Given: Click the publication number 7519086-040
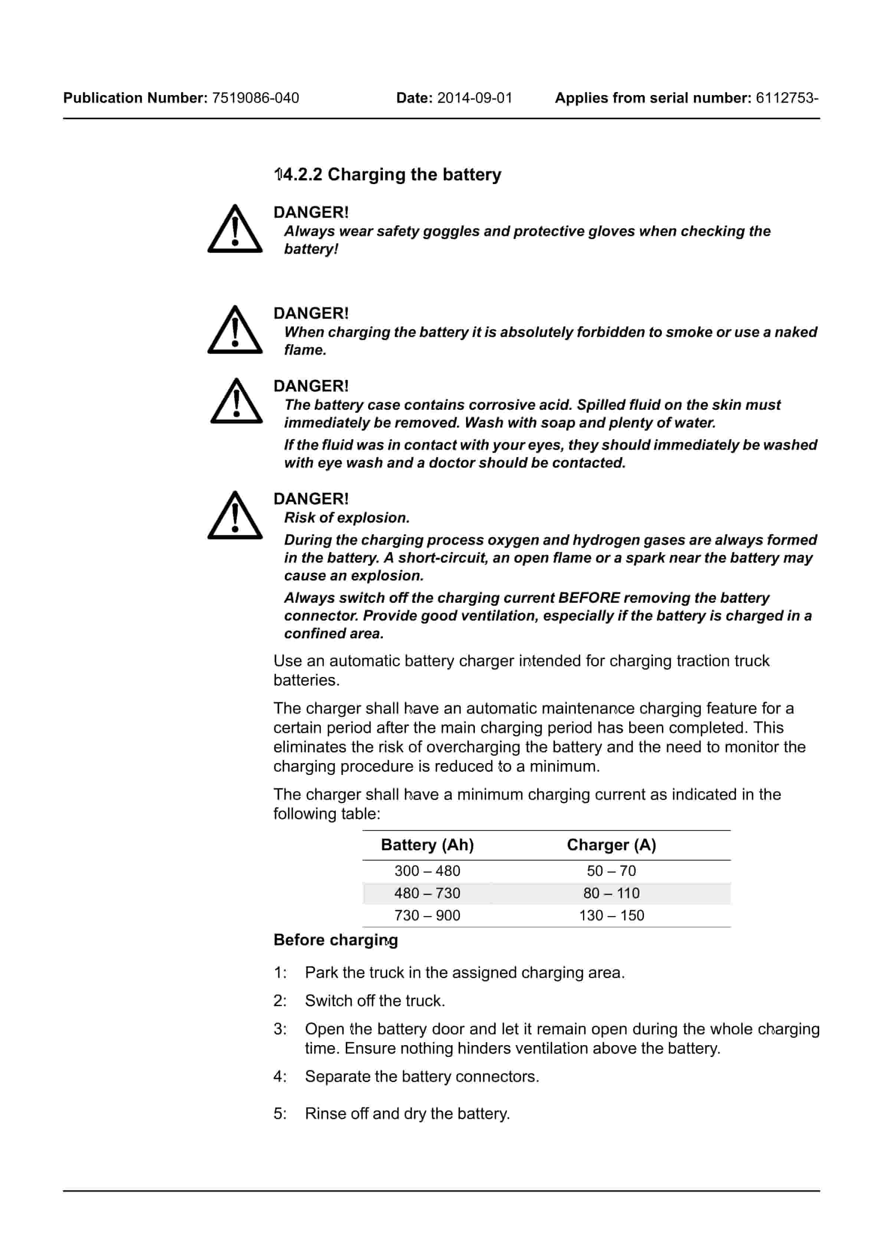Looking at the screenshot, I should click(255, 98).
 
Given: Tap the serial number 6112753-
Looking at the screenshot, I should click(787, 98).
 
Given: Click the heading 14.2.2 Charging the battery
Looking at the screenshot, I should click(388, 175).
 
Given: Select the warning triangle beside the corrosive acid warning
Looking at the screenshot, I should click(236, 402).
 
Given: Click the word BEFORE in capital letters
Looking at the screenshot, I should click(589, 598).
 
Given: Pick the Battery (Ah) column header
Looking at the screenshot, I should click(427, 845).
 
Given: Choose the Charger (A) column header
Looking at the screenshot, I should click(611, 845).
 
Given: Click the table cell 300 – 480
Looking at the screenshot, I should click(427, 871).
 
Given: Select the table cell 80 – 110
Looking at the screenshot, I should click(611, 893).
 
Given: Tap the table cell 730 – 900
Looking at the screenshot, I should click(427, 916).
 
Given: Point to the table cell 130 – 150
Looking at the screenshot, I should click(611, 916).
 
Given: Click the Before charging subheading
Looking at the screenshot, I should click(336, 940).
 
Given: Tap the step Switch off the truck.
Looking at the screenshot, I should click(375, 1001).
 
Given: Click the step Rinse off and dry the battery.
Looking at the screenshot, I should click(407, 1114).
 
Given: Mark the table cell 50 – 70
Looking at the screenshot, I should click(611, 871).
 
